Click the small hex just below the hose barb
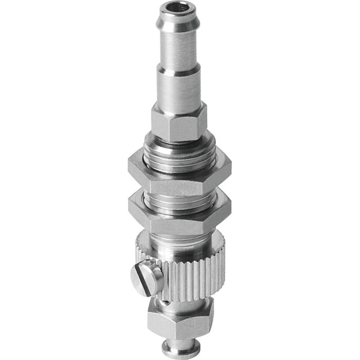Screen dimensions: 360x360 (x=178, y=122)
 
